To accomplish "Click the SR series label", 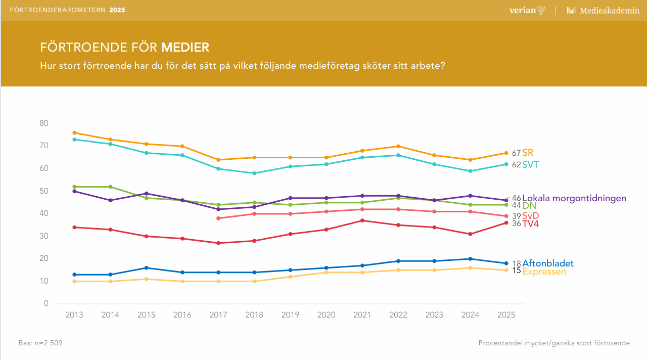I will pyautogui.click(x=528, y=153).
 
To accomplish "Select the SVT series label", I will pyautogui.click(x=530, y=165).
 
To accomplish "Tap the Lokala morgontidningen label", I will pyautogui.click(x=574, y=198).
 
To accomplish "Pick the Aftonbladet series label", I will pyautogui.click(x=548, y=263).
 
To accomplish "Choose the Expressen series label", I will pyautogui.click(x=544, y=272).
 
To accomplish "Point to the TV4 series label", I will pyautogui.click(x=531, y=223).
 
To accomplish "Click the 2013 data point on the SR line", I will pyautogui.click(x=74, y=132).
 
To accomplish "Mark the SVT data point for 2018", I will pyautogui.click(x=254, y=173).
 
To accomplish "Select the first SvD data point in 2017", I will pyautogui.click(x=218, y=218).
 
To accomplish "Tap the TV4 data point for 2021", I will pyautogui.click(x=362, y=220).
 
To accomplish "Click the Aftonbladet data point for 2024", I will pyautogui.click(x=470, y=259).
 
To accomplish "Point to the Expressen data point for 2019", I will pyautogui.click(x=290, y=277).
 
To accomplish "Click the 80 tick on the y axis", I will pyautogui.click(x=44, y=123).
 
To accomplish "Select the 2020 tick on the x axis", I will pyautogui.click(x=326, y=315).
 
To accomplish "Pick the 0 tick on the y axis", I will pyautogui.click(x=46, y=304).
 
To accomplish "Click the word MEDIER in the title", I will pyautogui.click(x=185, y=48).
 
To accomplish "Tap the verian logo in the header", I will pyautogui.click(x=527, y=10).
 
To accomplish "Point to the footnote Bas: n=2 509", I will pyautogui.click(x=40, y=343).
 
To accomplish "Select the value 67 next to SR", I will pyautogui.click(x=516, y=153).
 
